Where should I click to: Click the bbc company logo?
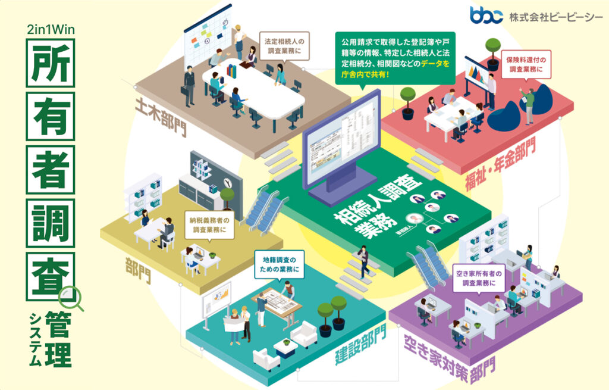(x=486, y=15)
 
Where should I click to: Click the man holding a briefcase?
(x=189, y=86)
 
